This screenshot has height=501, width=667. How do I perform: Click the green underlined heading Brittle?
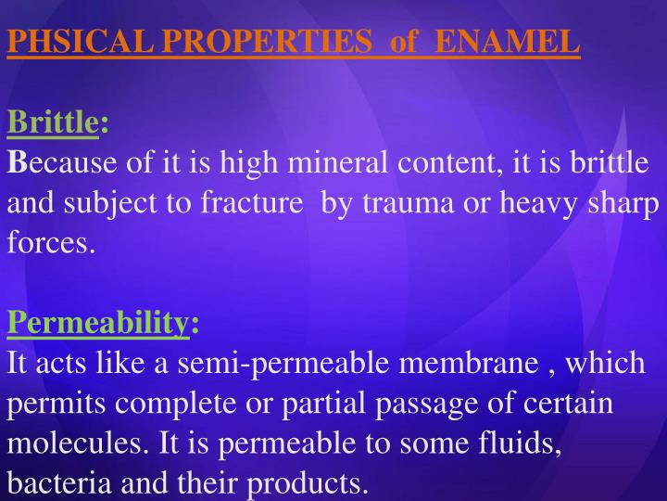tap(53, 122)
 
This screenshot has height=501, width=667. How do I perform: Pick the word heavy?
tap(539, 203)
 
